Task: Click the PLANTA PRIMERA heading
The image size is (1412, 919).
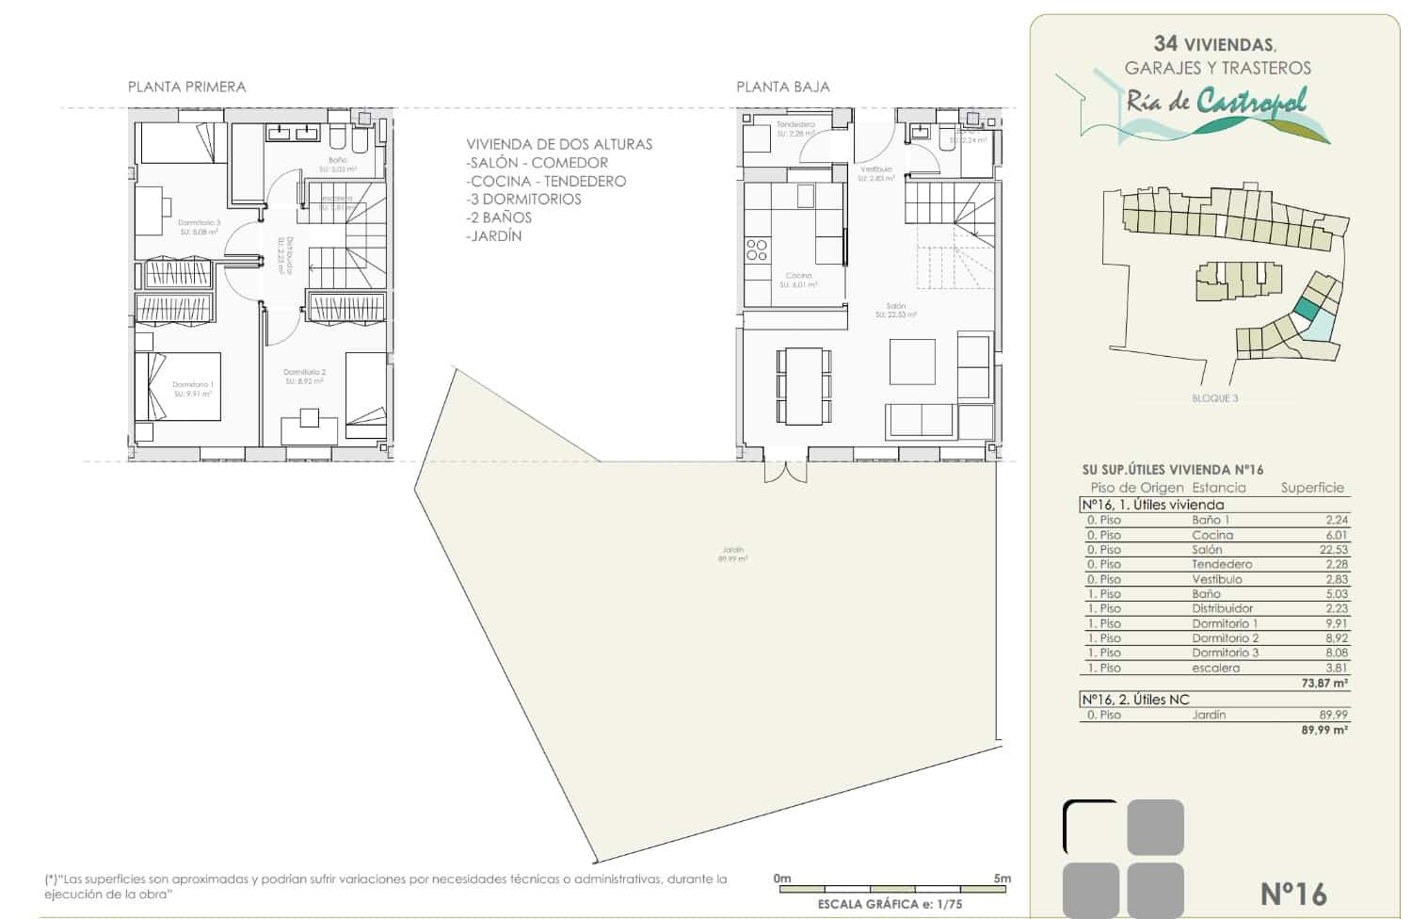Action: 186,87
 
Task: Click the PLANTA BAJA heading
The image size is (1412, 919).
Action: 782,87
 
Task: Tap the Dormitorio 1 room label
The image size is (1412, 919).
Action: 193,388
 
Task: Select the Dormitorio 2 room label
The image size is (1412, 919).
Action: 304,376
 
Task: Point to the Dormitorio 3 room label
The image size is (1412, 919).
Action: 199,226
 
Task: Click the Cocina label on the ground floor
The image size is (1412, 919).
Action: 798,279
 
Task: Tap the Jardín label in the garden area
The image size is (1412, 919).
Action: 732,554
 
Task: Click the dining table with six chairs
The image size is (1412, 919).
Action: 804,386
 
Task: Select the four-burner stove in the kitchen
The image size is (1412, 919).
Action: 757,250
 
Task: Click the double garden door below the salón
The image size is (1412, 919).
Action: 785,471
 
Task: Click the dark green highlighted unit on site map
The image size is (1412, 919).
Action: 1306,307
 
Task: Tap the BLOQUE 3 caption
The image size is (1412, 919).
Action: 1214,398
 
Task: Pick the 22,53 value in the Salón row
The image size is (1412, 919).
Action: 1333,550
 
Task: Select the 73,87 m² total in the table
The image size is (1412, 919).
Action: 1324,684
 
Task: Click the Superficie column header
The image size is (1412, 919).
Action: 1312,488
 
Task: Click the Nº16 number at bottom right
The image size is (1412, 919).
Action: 1292,893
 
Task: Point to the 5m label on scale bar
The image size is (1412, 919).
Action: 1002,879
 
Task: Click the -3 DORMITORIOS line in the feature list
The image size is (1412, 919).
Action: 524,199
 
